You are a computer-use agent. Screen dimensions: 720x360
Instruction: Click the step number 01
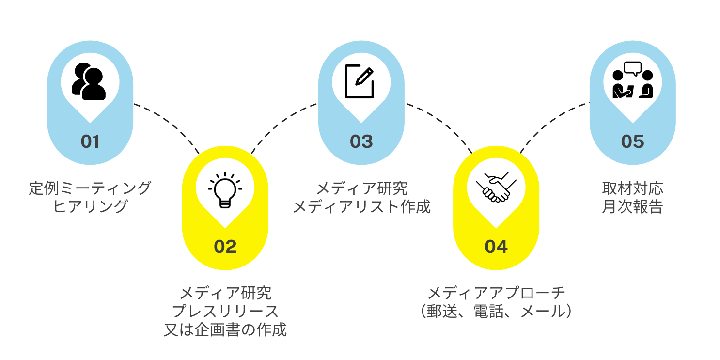[x=90, y=141]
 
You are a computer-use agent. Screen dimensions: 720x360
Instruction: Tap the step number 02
[x=225, y=247]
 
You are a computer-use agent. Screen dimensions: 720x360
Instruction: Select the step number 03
[x=361, y=141]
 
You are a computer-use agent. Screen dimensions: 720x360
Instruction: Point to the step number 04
[x=496, y=247]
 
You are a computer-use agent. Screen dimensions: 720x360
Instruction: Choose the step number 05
[x=633, y=141]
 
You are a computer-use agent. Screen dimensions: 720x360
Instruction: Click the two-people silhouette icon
[x=89, y=81]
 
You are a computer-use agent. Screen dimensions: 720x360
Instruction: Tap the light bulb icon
[x=225, y=190]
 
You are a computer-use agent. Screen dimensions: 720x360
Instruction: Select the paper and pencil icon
[x=360, y=81]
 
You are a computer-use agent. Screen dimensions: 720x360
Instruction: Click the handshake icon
[x=496, y=187]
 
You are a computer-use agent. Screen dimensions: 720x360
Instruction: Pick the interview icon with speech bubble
[x=633, y=80]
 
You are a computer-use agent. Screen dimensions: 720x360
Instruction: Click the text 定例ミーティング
[x=90, y=188]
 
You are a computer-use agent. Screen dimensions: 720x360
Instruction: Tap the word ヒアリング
[x=90, y=206]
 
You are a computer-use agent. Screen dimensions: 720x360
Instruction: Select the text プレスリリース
[x=225, y=311]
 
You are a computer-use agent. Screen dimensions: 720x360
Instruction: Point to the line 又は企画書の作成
[x=225, y=330]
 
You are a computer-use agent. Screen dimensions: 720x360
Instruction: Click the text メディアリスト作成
[x=361, y=206]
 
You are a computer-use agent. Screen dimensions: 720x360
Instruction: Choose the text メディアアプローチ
[x=496, y=293]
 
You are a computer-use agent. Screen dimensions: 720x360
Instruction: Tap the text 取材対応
[x=633, y=188]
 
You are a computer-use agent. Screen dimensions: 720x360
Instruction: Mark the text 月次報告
[x=633, y=206]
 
